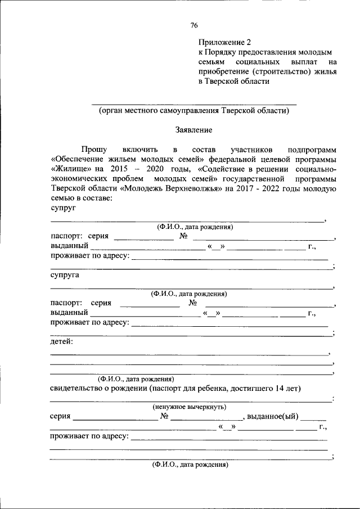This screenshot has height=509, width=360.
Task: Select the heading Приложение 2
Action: pyautogui.click(x=223, y=42)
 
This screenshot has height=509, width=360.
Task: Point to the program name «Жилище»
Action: pyautogui.click(x=71, y=169)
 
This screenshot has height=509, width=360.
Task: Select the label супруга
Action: pyautogui.click(x=65, y=276)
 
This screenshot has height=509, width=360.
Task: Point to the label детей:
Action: pyautogui.click(x=61, y=341)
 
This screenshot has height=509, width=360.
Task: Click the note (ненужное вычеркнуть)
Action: pyautogui.click(x=190, y=406)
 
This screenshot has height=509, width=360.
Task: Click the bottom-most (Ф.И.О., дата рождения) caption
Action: pyautogui.click(x=190, y=466)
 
